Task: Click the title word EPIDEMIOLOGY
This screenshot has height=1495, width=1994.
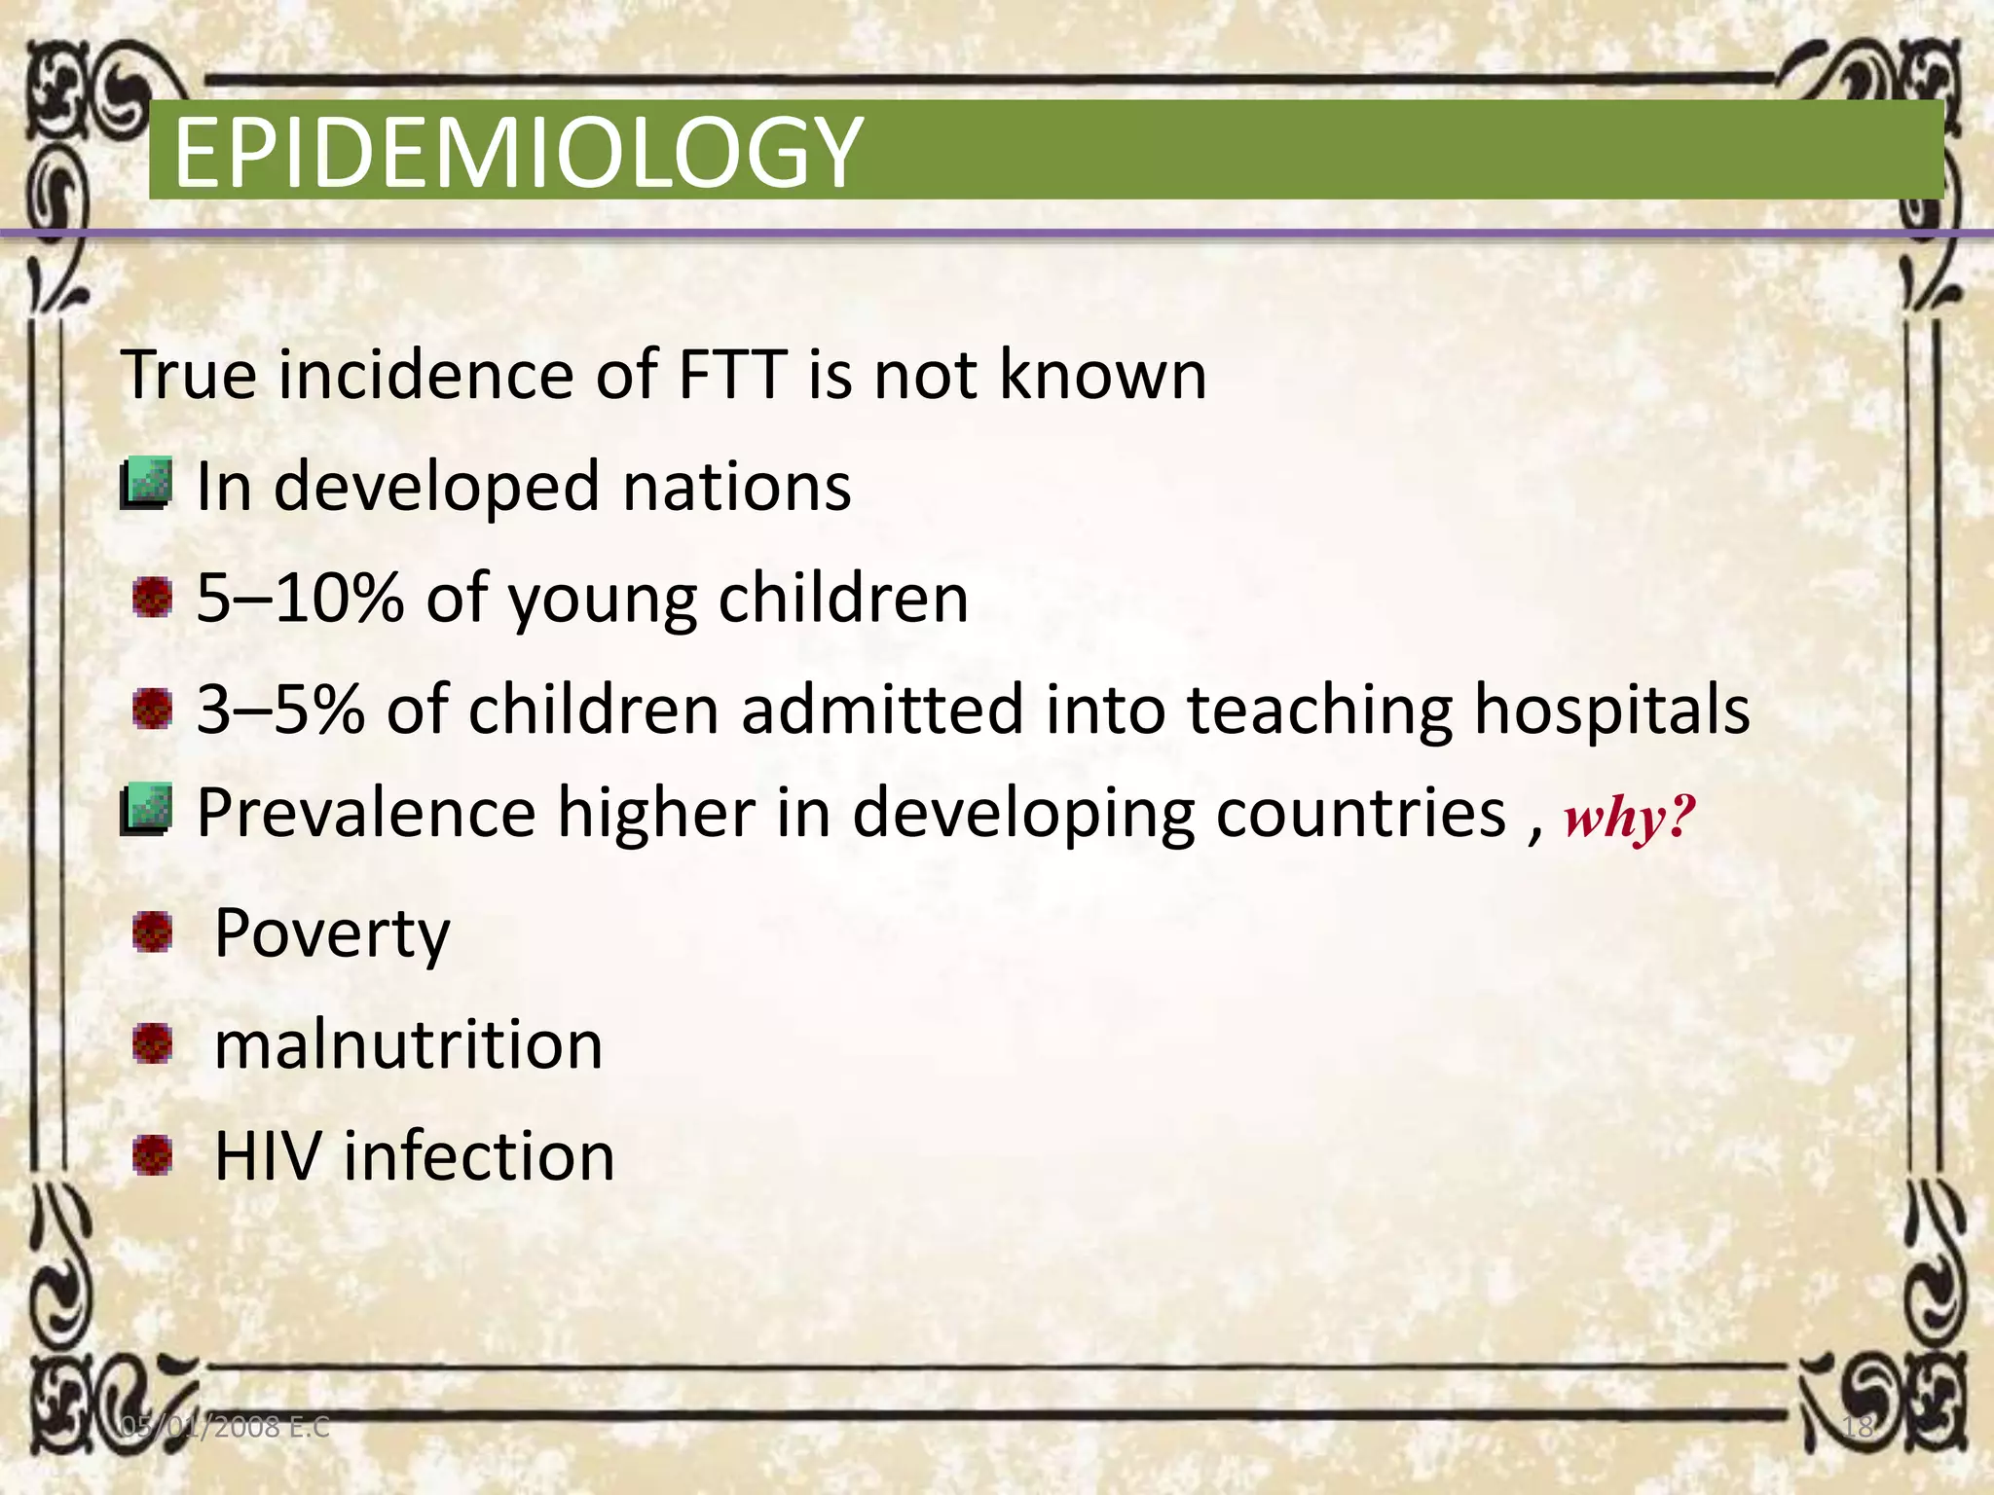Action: [x=517, y=153]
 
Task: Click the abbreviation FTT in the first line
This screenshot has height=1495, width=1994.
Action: [x=732, y=374]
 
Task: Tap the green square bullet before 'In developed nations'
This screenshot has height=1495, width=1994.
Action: [x=147, y=484]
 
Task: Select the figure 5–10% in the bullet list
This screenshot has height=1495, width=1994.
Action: [x=300, y=598]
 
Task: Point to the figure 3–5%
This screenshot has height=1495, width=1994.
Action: [x=280, y=709]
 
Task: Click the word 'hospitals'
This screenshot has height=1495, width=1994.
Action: [x=1611, y=709]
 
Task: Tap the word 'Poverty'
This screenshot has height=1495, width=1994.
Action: [x=332, y=933]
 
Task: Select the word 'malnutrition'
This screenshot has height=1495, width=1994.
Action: [x=408, y=1044]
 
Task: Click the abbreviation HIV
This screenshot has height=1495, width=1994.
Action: [x=267, y=1156]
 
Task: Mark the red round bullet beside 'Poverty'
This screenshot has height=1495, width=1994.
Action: [x=153, y=932]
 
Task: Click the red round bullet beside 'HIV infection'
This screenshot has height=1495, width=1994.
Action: [x=153, y=1156]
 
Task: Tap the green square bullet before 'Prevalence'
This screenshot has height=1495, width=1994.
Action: [x=147, y=810]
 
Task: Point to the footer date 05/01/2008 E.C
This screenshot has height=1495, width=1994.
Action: [x=224, y=1428]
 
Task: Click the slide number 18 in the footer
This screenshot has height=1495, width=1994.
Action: [x=1858, y=1428]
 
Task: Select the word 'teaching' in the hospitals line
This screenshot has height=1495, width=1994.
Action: [x=1319, y=709]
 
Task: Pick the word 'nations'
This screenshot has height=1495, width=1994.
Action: [x=736, y=486]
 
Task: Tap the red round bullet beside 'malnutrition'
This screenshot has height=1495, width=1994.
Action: [x=153, y=1044]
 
